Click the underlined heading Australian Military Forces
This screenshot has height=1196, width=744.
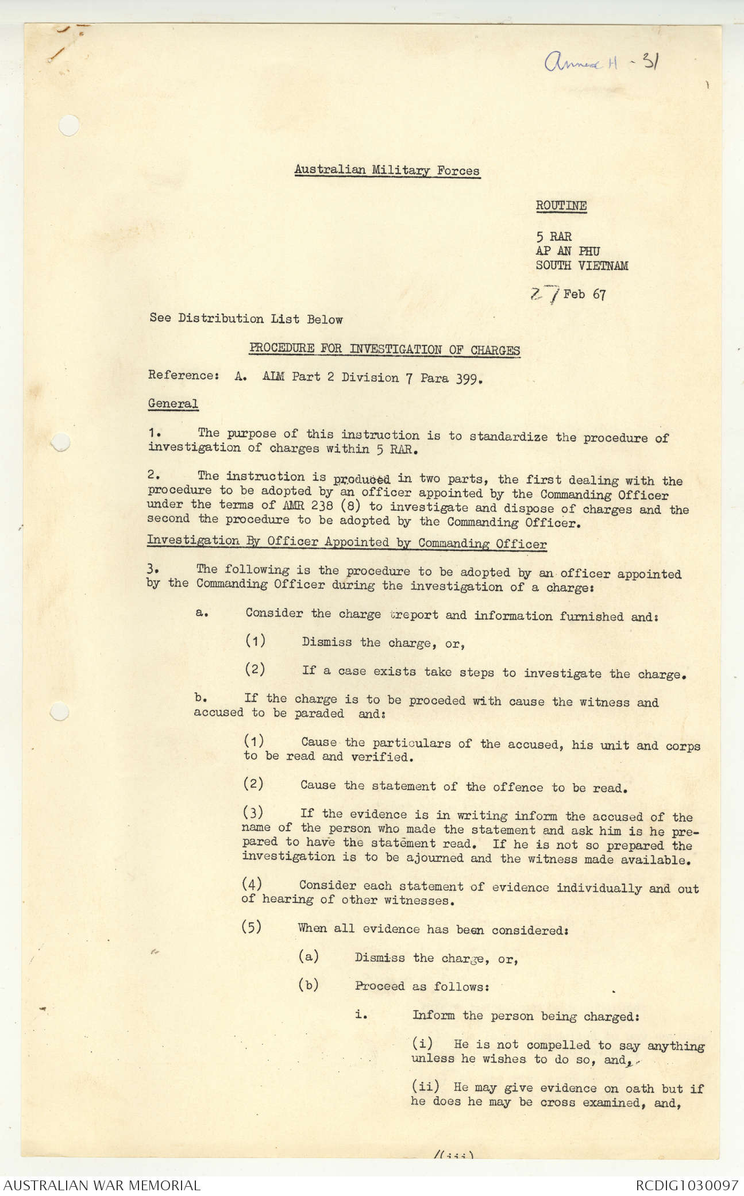point(387,170)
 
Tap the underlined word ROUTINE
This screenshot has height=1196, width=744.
point(561,206)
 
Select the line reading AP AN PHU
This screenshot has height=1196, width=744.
point(568,251)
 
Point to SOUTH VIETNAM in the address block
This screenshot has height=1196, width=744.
point(581,265)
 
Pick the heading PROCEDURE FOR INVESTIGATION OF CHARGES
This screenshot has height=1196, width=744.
point(384,349)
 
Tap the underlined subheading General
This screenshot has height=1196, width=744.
point(172,403)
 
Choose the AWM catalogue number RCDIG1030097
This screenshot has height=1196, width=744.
point(686,1185)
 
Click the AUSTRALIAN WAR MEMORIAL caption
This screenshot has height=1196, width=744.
point(102,1185)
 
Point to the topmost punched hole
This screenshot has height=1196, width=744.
point(68,125)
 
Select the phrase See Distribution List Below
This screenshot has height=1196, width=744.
point(246,319)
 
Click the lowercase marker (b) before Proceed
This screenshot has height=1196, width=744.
point(308,985)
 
